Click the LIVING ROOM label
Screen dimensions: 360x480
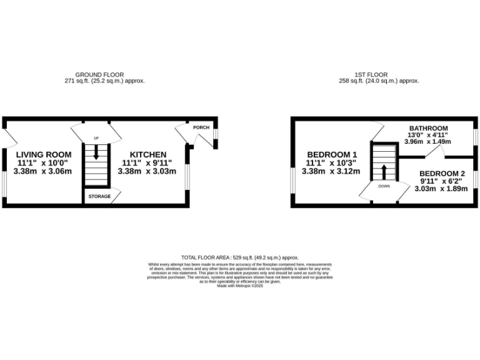click(x=44, y=154)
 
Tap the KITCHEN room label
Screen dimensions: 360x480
click(x=147, y=154)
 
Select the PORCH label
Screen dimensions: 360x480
click(x=201, y=127)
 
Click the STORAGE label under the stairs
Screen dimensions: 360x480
click(x=99, y=196)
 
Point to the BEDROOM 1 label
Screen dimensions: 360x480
click(x=331, y=154)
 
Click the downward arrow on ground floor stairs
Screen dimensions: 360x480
click(x=96, y=152)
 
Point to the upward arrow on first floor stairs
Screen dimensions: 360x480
click(x=384, y=172)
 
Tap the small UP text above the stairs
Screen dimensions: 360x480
click(x=96, y=138)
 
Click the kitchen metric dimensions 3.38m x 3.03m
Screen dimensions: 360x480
click(x=147, y=171)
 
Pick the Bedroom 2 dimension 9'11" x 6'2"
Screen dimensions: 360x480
click(x=443, y=181)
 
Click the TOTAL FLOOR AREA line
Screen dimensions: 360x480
click(x=240, y=257)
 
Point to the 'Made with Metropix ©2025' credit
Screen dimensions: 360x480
click(x=240, y=286)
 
